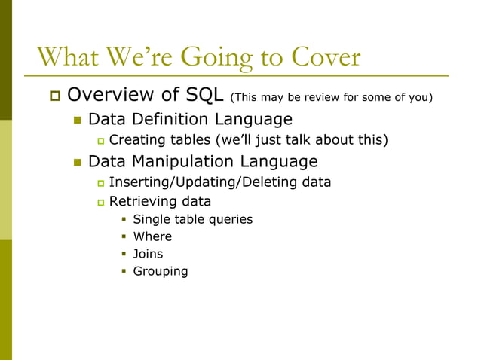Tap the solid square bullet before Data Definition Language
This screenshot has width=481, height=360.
click(x=77, y=120)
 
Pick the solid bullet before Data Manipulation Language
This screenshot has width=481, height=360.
click(x=77, y=162)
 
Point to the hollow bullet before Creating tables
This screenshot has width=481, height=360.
click(x=100, y=141)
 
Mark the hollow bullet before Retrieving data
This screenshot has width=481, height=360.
click(x=100, y=203)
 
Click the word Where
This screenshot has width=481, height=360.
click(x=152, y=236)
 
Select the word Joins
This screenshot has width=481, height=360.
click(x=148, y=254)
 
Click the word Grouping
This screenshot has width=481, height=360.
click(x=161, y=271)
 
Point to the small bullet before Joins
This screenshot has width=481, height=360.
click(x=124, y=255)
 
